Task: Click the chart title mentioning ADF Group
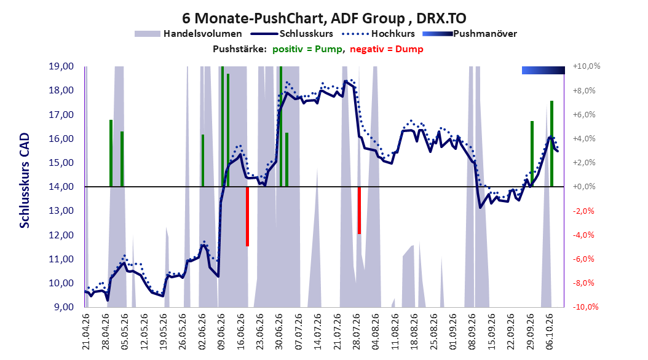pyautogui.click(x=324, y=18)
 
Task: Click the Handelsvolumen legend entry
pyautogui.click(x=189, y=34)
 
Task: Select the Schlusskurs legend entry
pyautogui.click(x=291, y=34)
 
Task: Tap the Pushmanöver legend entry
pyautogui.click(x=470, y=34)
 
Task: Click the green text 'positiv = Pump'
pyautogui.click(x=307, y=49)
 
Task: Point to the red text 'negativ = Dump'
pyautogui.click(x=387, y=49)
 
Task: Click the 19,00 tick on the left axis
pyautogui.click(x=61, y=66)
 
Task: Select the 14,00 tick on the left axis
pyautogui.click(x=61, y=187)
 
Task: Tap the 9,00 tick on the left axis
pyautogui.click(x=64, y=307)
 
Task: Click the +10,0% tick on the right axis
pyautogui.click(x=587, y=66)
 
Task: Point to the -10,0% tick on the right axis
pyautogui.click(x=585, y=307)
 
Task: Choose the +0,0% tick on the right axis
pyautogui.click(x=584, y=187)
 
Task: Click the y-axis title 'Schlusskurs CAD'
pyautogui.click(x=25, y=181)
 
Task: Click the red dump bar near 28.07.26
pyautogui.click(x=360, y=211)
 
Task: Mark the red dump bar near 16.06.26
pyautogui.click(x=248, y=217)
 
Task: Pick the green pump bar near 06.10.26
pyautogui.click(x=551, y=144)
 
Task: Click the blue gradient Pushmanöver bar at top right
pyautogui.click(x=543, y=70)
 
